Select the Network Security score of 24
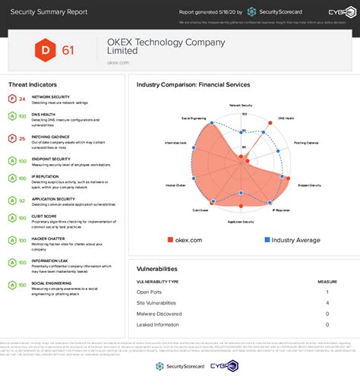[23, 99]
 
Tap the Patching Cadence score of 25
[23, 139]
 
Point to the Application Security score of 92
[23, 200]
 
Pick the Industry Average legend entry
[293, 240]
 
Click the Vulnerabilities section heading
[156, 268]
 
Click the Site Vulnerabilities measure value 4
[327, 302]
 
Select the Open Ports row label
[149, 292]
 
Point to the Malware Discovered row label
[159, 313]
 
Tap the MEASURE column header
[327, 281]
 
